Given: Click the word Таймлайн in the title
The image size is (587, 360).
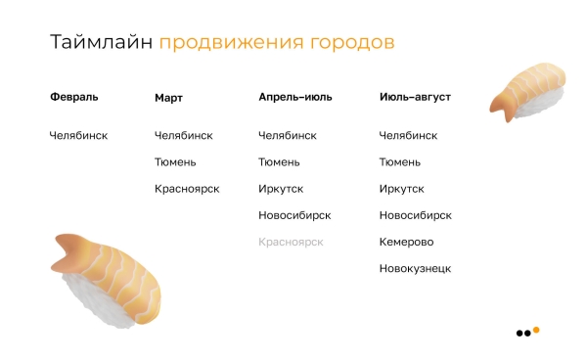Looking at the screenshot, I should [101, 43].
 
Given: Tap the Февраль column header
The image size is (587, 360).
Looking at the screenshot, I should [74, 97].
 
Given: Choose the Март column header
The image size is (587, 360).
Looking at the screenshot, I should [168, 98].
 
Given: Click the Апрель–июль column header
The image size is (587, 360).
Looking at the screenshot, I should [294, 98].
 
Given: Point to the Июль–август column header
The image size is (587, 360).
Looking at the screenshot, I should [415, 98].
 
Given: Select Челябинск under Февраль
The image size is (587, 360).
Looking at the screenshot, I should [78, 136].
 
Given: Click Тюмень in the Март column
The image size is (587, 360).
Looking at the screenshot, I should [175, 162].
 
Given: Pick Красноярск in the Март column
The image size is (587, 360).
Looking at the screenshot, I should [187, 189].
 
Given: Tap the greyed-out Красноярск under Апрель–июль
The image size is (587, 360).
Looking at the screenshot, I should [291, 242].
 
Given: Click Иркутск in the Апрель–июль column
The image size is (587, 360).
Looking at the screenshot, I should [281, 189].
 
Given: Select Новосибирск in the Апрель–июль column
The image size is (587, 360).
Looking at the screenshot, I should [294, 215].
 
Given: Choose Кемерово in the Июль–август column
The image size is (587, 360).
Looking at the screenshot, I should [406, 242].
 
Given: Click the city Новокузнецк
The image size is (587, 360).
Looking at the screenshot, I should [415, 268].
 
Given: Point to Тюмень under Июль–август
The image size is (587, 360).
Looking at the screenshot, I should [400, 162].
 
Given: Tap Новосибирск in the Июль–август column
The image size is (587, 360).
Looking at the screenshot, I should [415, 215].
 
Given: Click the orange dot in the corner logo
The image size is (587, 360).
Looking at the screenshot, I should [536, 330].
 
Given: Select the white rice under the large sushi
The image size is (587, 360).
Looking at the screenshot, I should [93, 303].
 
